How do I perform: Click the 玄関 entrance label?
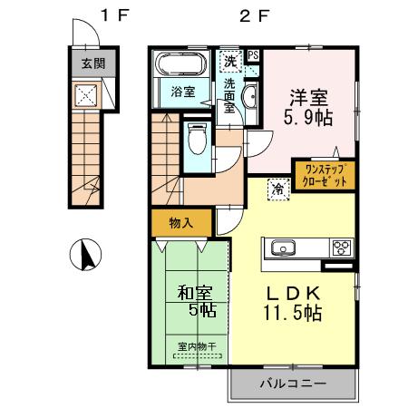(x=83, y=64)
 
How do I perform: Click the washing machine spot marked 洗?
(x=232, y=63)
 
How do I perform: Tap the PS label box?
(x=253, y=54)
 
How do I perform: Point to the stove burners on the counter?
(x=343, y=248)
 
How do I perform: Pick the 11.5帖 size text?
(x=295, y=315)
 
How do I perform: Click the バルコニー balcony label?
(x=293, y=384)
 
